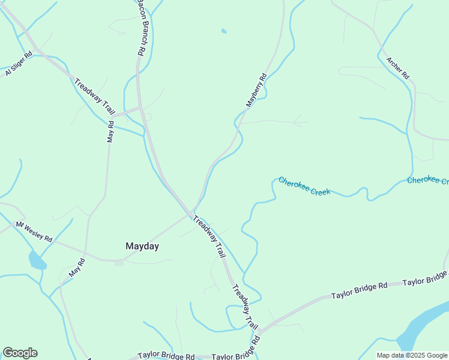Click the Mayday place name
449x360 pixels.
pyautogui.click(x=142, y=246)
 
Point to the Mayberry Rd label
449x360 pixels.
pyautogui.click(x=256, y=91)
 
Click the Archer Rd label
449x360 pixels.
pyautogui.click(x=397, y=68)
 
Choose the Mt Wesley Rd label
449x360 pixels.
pyautogui.click(x=34, y=232)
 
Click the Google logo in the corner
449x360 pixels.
pyautogui.click(x=20, y=353)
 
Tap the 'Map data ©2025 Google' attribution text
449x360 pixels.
pyautogui.click(x=412, y=355)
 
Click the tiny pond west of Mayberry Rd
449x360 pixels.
pyautogui.click(x=224, y=31)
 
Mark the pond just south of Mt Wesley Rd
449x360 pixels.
pyautogui.click(x=36, y=261)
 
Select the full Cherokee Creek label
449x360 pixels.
pyautogui.click(x=304, y=186)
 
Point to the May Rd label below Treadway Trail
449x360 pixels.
pyautogui.click(x=110, y=131)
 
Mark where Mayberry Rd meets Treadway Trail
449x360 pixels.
pyautogui.click(x=191, y=214)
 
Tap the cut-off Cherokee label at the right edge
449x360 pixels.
pyautogui.click(x=427, y=181)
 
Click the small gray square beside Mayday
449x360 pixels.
pyautogui.click(x=119, y=262)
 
